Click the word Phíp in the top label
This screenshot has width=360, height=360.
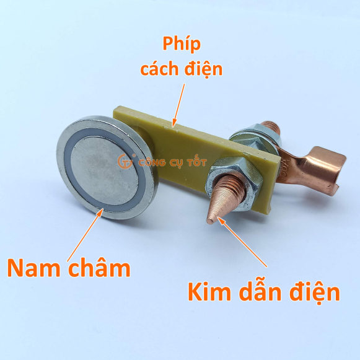point(182,44)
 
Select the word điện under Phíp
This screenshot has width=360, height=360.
point(203,69)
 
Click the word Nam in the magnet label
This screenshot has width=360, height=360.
point(33,268)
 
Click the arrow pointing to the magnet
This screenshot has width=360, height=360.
point(85,235)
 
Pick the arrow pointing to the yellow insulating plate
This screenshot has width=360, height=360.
point(178,105)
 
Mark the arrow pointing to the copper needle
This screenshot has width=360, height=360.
point(242,242)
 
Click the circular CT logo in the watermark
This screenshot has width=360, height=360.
point(125,161)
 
